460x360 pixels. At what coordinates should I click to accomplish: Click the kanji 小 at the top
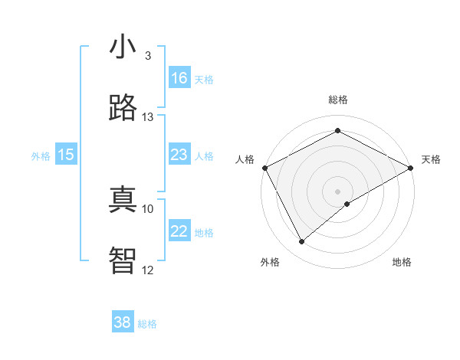(x=123, y=47)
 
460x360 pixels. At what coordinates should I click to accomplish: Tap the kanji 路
(x=123, y=108)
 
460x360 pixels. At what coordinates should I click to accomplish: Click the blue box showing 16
(x=179, y=78)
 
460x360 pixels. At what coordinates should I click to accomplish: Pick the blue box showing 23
(x=179, y=155)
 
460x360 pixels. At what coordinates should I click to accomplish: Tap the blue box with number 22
(x=179, y=231)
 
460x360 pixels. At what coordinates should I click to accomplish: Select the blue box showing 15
(x=66, y=155)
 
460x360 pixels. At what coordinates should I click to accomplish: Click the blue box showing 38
(x=123, y=322)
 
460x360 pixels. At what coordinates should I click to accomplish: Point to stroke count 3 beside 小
(x=148, y=56)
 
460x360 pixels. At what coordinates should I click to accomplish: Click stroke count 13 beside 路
(x=148, y=117)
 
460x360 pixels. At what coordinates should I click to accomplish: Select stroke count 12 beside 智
(x=148, y=270)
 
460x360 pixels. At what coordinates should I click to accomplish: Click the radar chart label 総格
(x=337, y=100)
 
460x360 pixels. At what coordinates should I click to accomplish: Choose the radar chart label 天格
(x=431, y=159)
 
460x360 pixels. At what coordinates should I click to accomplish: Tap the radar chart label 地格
(x=402, y=263)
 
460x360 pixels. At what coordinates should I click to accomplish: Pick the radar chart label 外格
(x=270, y=263)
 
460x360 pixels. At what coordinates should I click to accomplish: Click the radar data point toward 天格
(x=411, y=168)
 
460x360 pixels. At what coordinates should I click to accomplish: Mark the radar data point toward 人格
(x=264, y=168)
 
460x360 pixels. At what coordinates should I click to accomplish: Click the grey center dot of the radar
(x=337, y=191)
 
